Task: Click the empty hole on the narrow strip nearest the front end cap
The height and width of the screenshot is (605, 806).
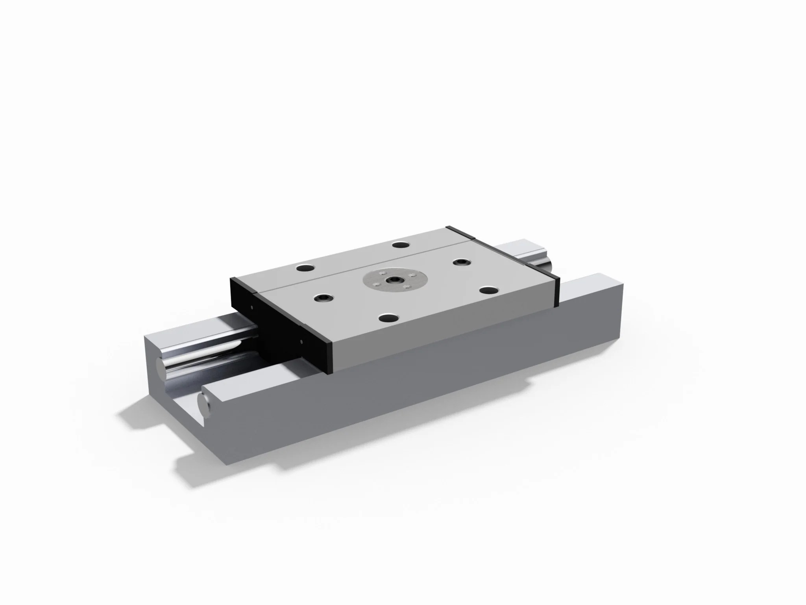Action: pos(305,269)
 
